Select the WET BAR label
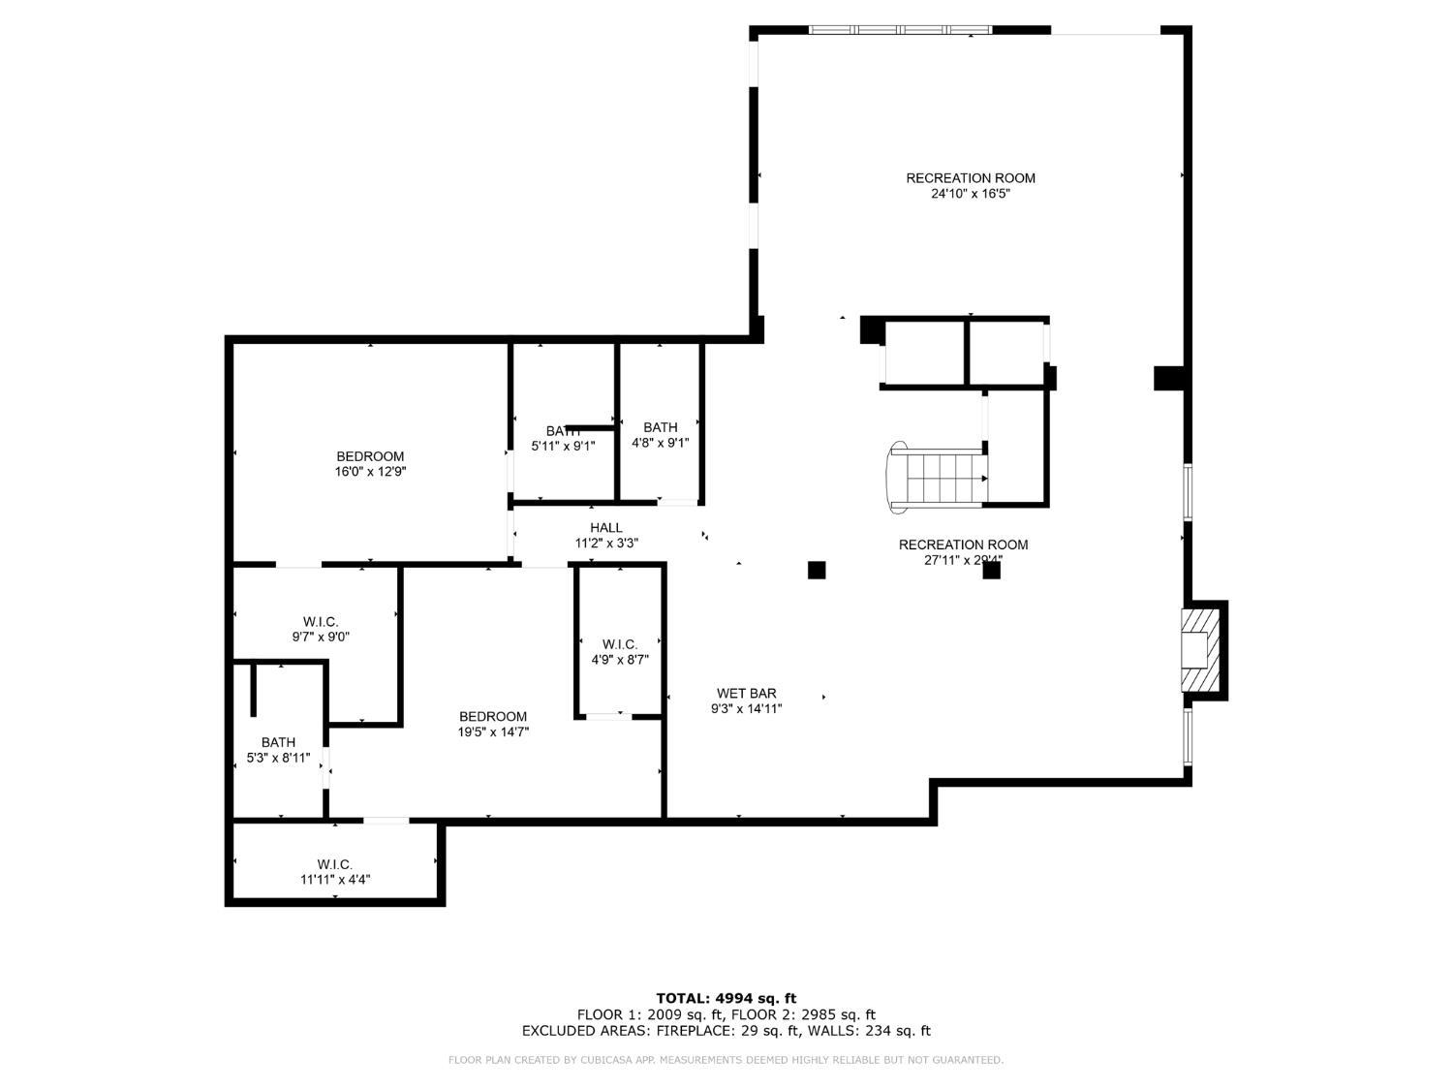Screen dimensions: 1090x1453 [x=746, y=694]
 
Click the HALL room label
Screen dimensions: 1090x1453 [x=606, y=528]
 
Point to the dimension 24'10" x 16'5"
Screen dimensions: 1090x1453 [x=971, y=194]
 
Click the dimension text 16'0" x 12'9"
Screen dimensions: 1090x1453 [x=370, y=473]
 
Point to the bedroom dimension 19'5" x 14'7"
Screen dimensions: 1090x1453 [x=493, y=732]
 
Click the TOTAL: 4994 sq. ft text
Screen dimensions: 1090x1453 [x=726, y=998]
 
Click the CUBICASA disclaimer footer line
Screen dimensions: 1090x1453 [x=726, y=1060]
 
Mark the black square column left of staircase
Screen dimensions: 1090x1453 [x=817, y=571]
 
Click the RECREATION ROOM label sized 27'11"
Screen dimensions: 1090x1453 [x=963, y=545]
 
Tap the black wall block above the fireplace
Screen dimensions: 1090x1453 [x=1169, y=378]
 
